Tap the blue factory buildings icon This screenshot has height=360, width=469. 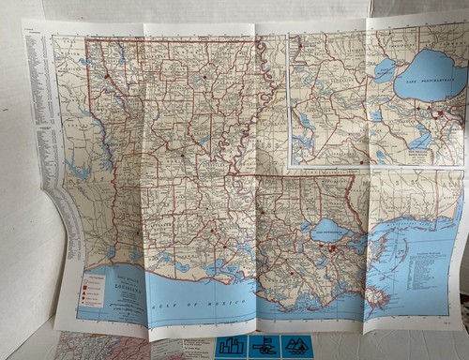[229, 347]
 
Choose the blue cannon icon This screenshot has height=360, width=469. [264, 347]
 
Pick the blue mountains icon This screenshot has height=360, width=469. [297, 347]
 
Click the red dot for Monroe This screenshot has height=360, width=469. [204, 76]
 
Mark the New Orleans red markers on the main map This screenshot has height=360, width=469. [333, 247]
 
